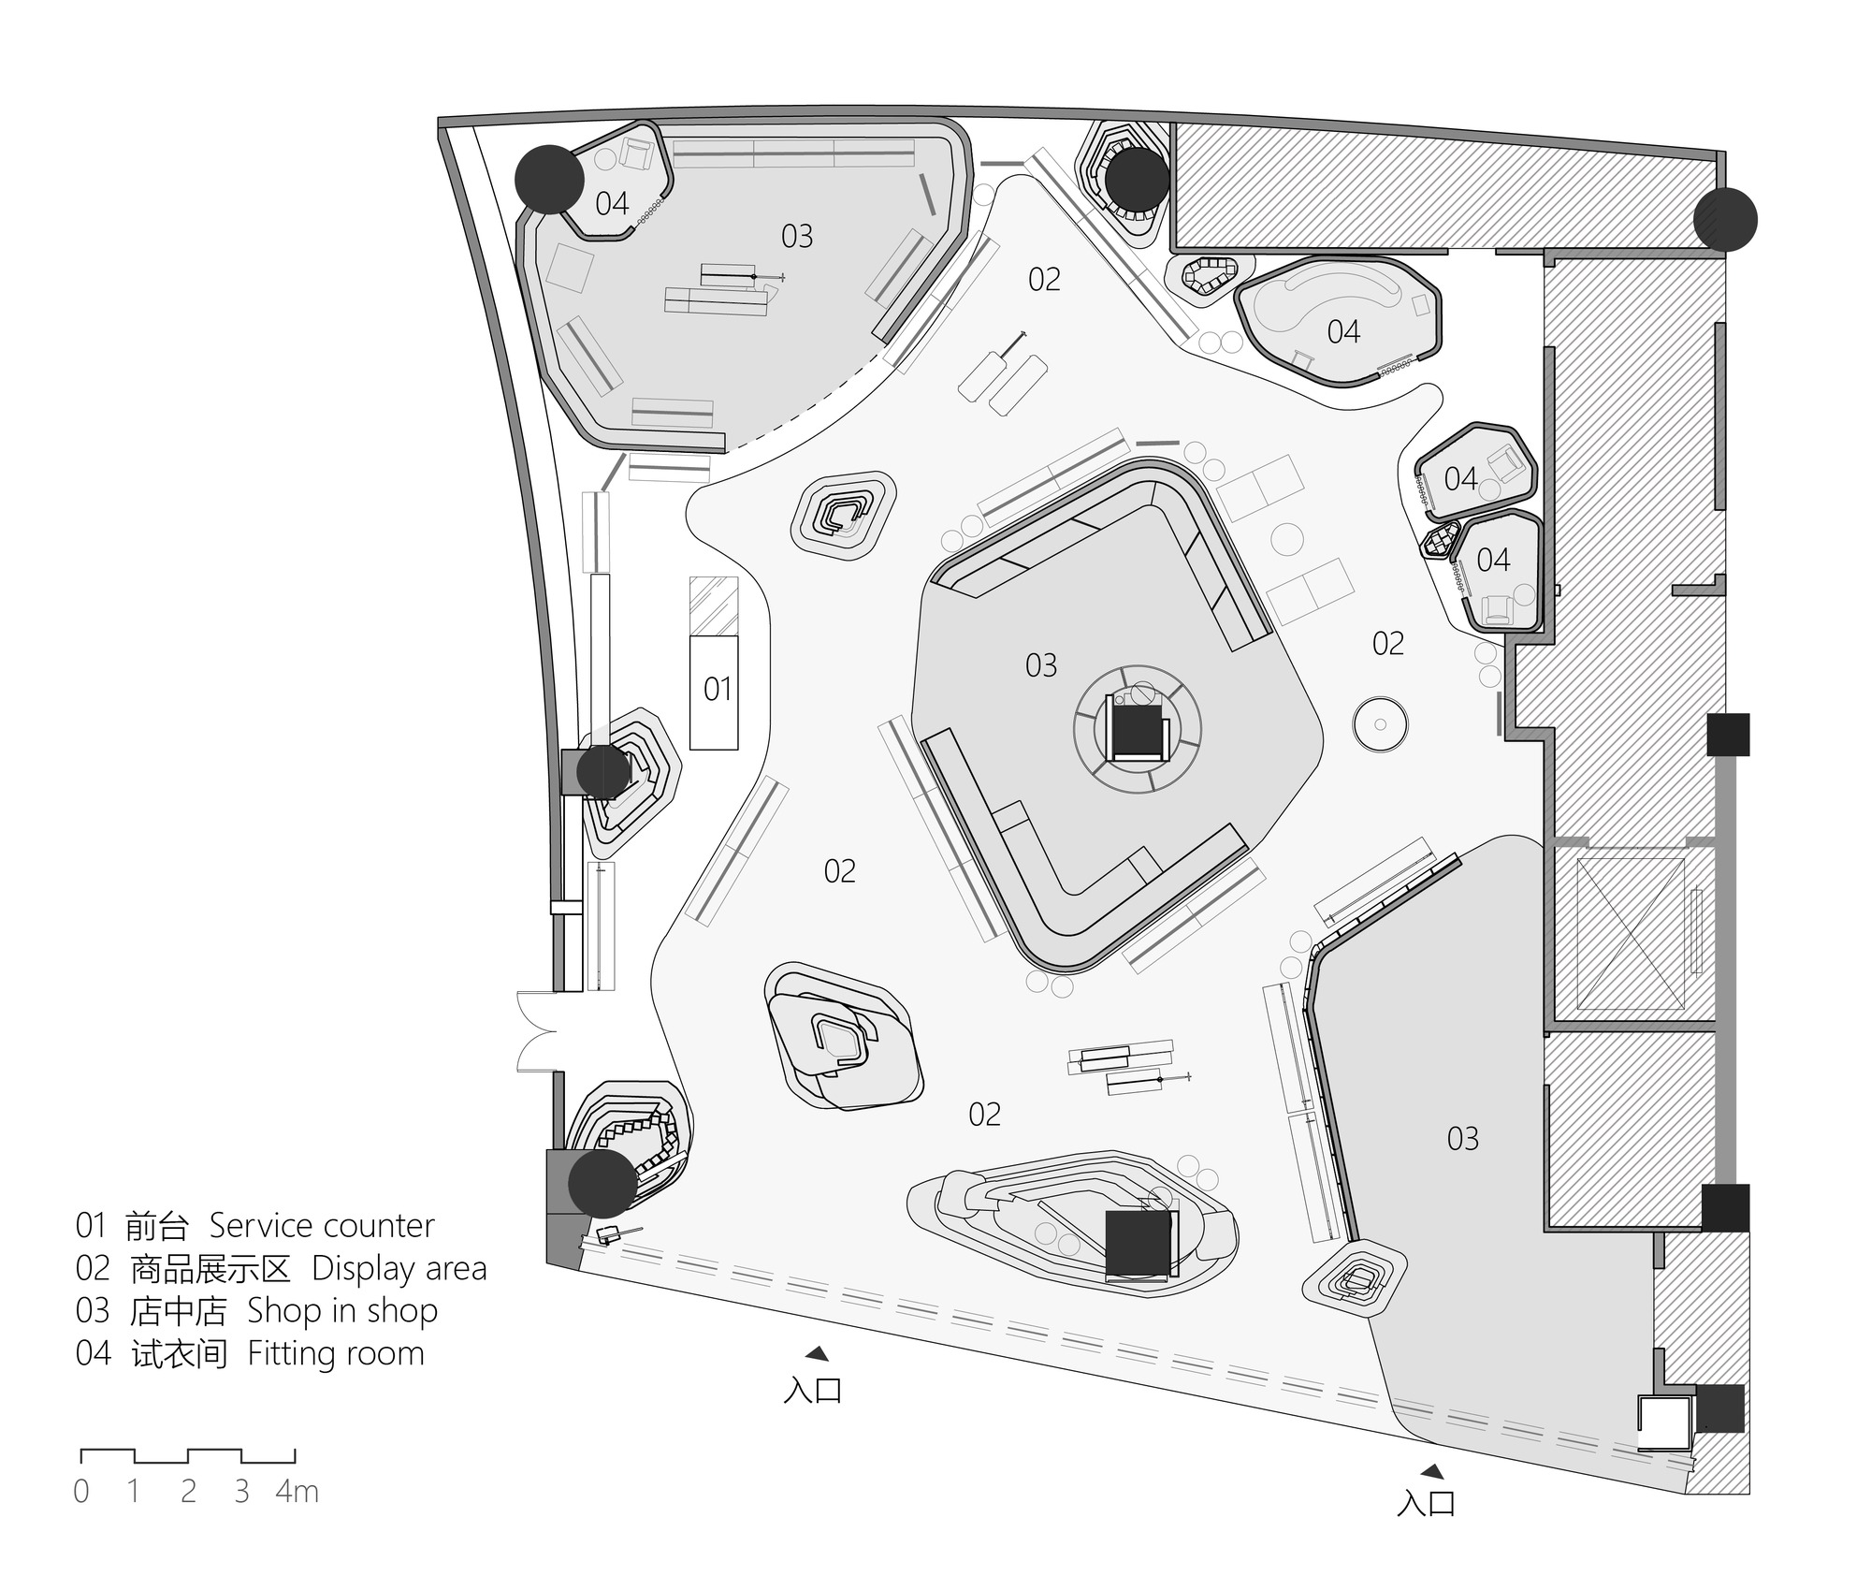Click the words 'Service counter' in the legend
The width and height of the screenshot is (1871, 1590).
(322, 1225)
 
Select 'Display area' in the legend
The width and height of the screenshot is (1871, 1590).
(399, 1269)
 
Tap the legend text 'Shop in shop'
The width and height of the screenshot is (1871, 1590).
(342, 1312)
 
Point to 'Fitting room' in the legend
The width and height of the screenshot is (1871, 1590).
(336, 1354)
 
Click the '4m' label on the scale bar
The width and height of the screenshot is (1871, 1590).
(297, 1492)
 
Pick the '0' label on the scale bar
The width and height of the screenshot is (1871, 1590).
(82, 1492)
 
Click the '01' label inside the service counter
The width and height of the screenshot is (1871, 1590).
(718, 690)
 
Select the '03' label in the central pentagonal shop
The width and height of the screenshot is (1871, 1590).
(1041, 665)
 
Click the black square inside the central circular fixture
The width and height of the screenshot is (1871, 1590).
(1137, 731)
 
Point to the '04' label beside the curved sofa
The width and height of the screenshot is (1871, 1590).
(1343, 331)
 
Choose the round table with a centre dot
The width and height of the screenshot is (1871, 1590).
(1380, 723)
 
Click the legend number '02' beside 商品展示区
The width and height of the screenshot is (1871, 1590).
(93, 1269)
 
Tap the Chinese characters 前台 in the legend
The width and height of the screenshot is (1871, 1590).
(158, 1225)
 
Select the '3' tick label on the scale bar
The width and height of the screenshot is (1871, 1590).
(242, 1492)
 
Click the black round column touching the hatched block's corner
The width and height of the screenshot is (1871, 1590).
(1725, 220)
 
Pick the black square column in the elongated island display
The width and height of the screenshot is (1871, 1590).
(1139, 1244)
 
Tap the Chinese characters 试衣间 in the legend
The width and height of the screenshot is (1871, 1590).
(179, 1354)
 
